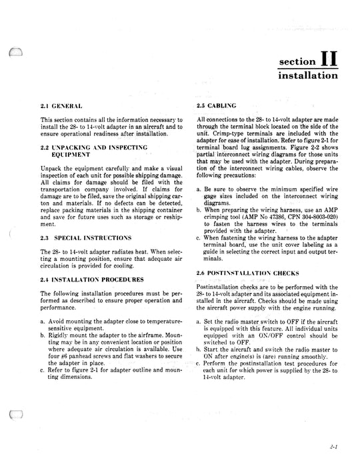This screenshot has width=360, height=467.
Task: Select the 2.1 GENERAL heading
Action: click(x=61, y=107)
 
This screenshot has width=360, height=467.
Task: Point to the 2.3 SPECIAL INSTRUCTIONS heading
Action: click(x=83, y=238)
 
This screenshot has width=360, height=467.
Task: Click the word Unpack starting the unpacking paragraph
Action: click(x=51, y=169)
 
